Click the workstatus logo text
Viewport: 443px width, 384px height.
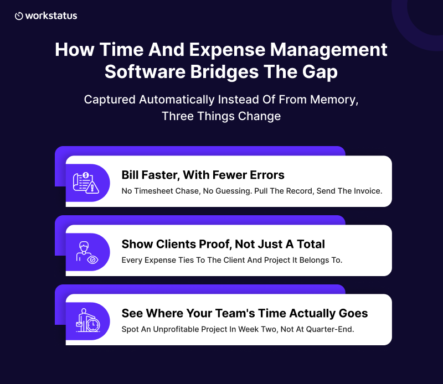(51, 16)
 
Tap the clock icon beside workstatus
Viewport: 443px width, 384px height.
(19, 16)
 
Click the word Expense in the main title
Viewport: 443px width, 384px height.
(227, 50)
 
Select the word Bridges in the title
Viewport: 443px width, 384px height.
(224, 72)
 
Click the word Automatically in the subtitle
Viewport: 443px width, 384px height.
(177, 100)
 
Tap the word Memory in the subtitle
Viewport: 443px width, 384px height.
(334, 100)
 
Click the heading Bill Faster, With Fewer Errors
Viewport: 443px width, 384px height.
(203, 175)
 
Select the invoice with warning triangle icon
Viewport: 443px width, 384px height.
(86, 183)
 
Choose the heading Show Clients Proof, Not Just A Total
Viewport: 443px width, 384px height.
(223, 244)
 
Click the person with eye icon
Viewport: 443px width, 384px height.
(87, 252)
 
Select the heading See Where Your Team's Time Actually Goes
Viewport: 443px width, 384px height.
(245, 313)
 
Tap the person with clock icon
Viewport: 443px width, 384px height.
(88, 320)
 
